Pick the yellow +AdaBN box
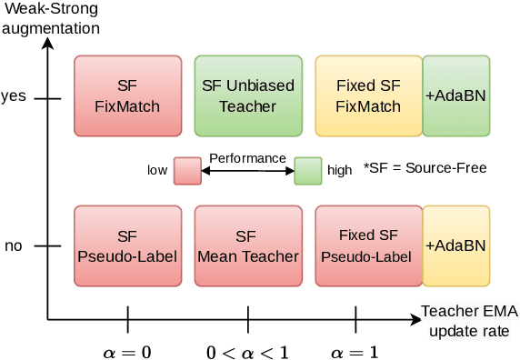[x=455, y=245]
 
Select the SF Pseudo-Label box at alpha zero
[x=126, y=245]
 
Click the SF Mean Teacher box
[x=247, y=245]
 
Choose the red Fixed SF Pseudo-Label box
[x=368, y=245]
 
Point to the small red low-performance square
[x=187, y=170]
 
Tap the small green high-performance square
[x=307, y=170]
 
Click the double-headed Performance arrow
[x=247, y=170]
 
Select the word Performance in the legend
[x=247, y=157]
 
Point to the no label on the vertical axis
[x=14, y=245]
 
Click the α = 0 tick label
[x=127, y=350]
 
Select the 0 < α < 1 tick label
[x=247, y=350]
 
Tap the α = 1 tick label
[x=355, y=350]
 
